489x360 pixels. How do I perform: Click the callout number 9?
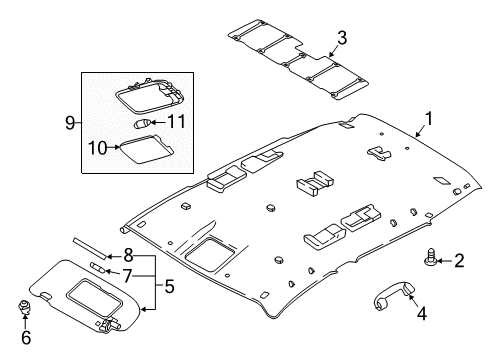[69, 123]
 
